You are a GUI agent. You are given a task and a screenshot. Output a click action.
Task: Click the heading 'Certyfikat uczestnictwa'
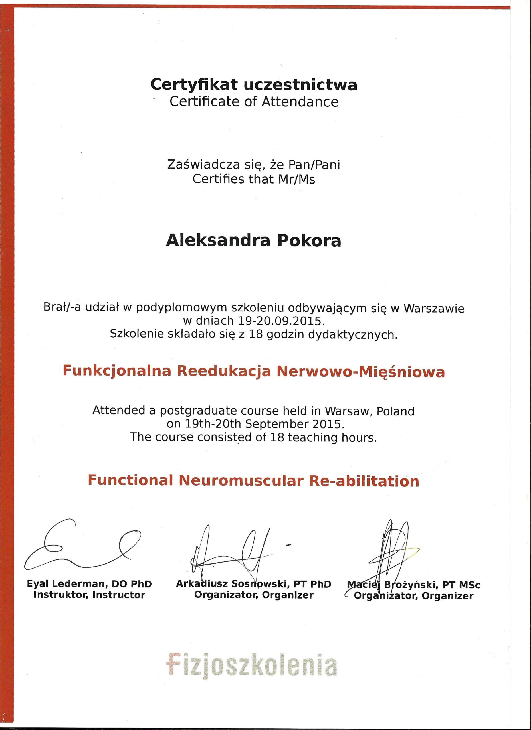[254, 85]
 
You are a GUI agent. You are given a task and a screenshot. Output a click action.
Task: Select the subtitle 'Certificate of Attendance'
[254, 102]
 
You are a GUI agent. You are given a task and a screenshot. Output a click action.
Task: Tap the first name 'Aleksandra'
[218, 240]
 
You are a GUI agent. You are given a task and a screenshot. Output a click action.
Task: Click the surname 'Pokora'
[309, 240]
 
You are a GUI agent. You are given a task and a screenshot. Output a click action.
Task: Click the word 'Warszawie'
[434, 308]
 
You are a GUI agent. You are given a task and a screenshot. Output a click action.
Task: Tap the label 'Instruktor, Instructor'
[89, 595]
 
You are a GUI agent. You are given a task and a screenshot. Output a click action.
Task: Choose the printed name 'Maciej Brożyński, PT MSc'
[414, 585]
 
